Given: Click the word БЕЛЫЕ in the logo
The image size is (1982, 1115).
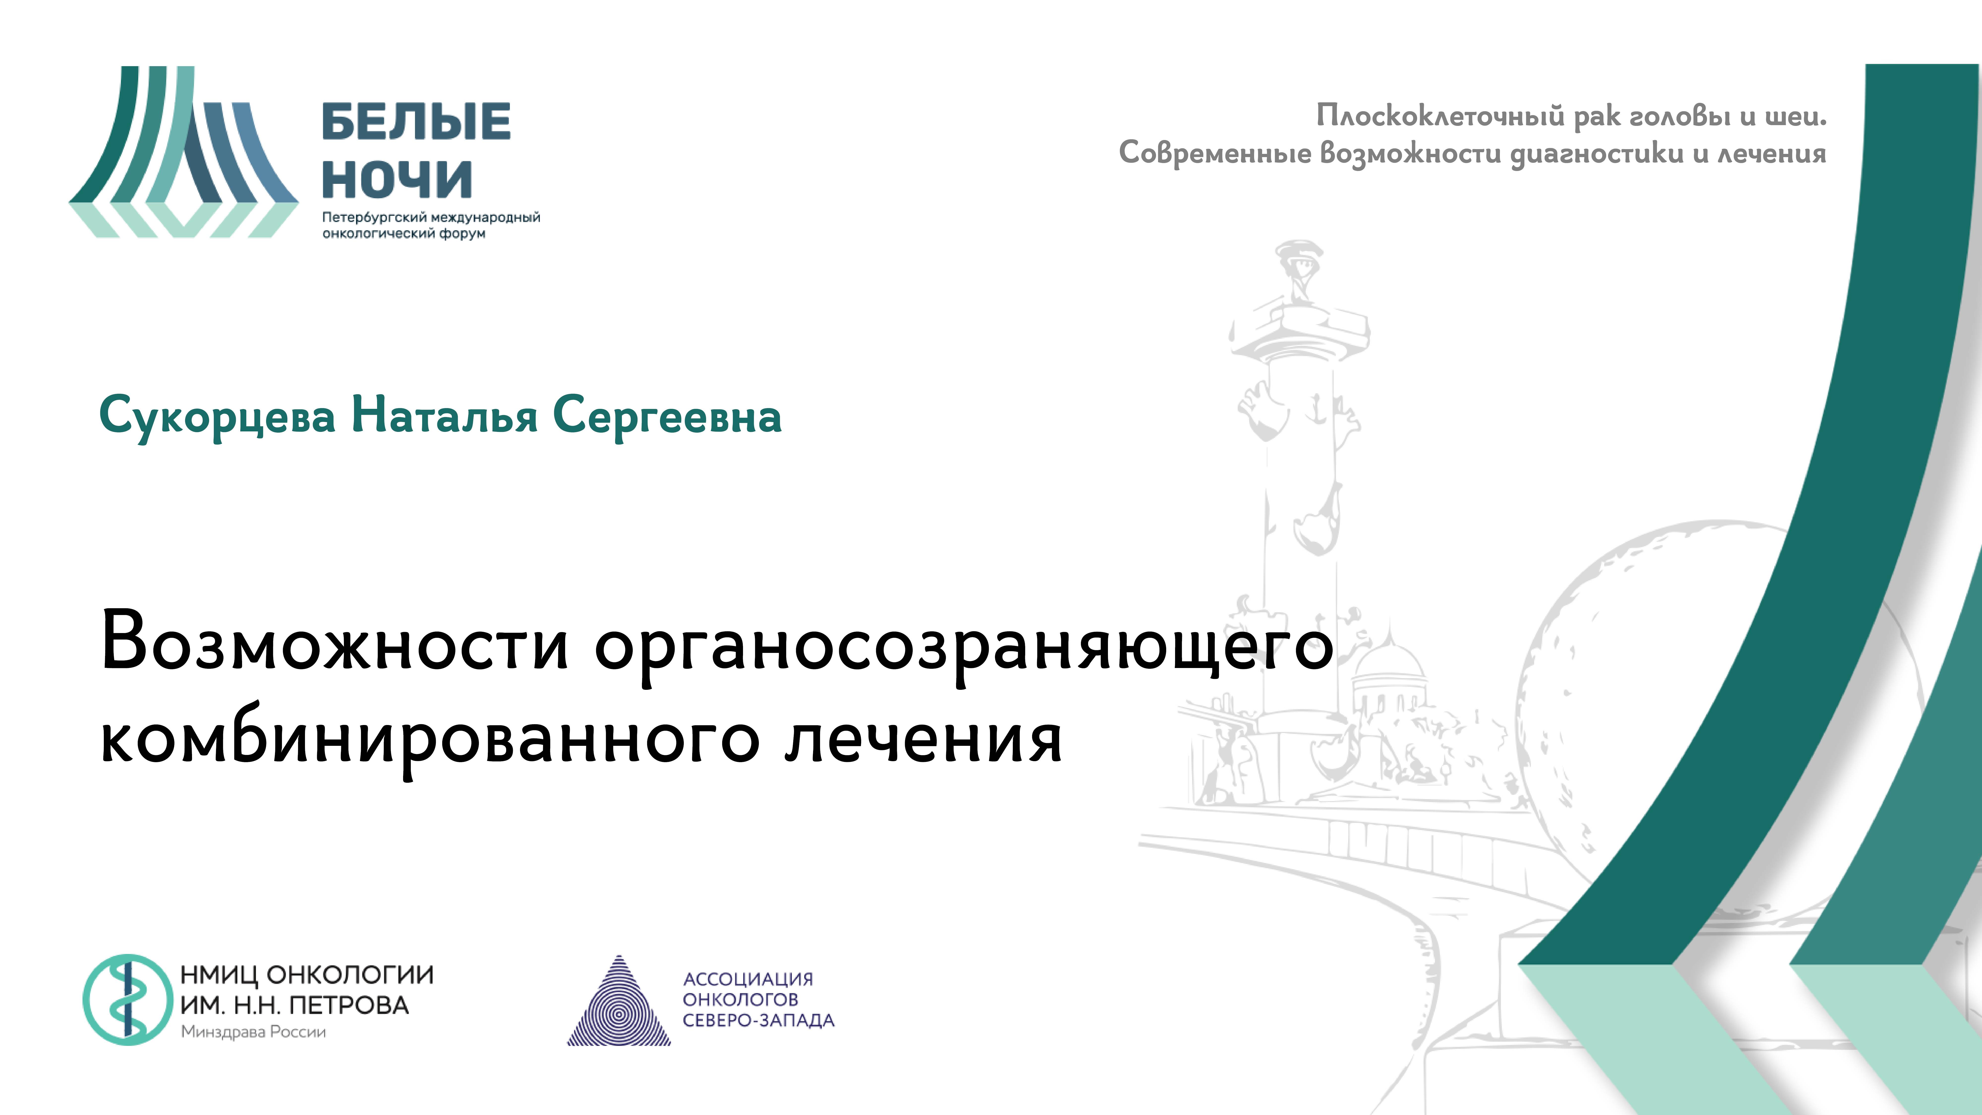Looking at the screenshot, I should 415,122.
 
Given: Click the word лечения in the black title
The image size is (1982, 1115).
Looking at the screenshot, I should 923,739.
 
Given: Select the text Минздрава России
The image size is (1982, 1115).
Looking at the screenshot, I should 253,1032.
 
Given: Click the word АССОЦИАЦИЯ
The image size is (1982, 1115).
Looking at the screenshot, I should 748,979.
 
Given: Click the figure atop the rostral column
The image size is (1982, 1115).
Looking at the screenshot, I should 1299,269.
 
